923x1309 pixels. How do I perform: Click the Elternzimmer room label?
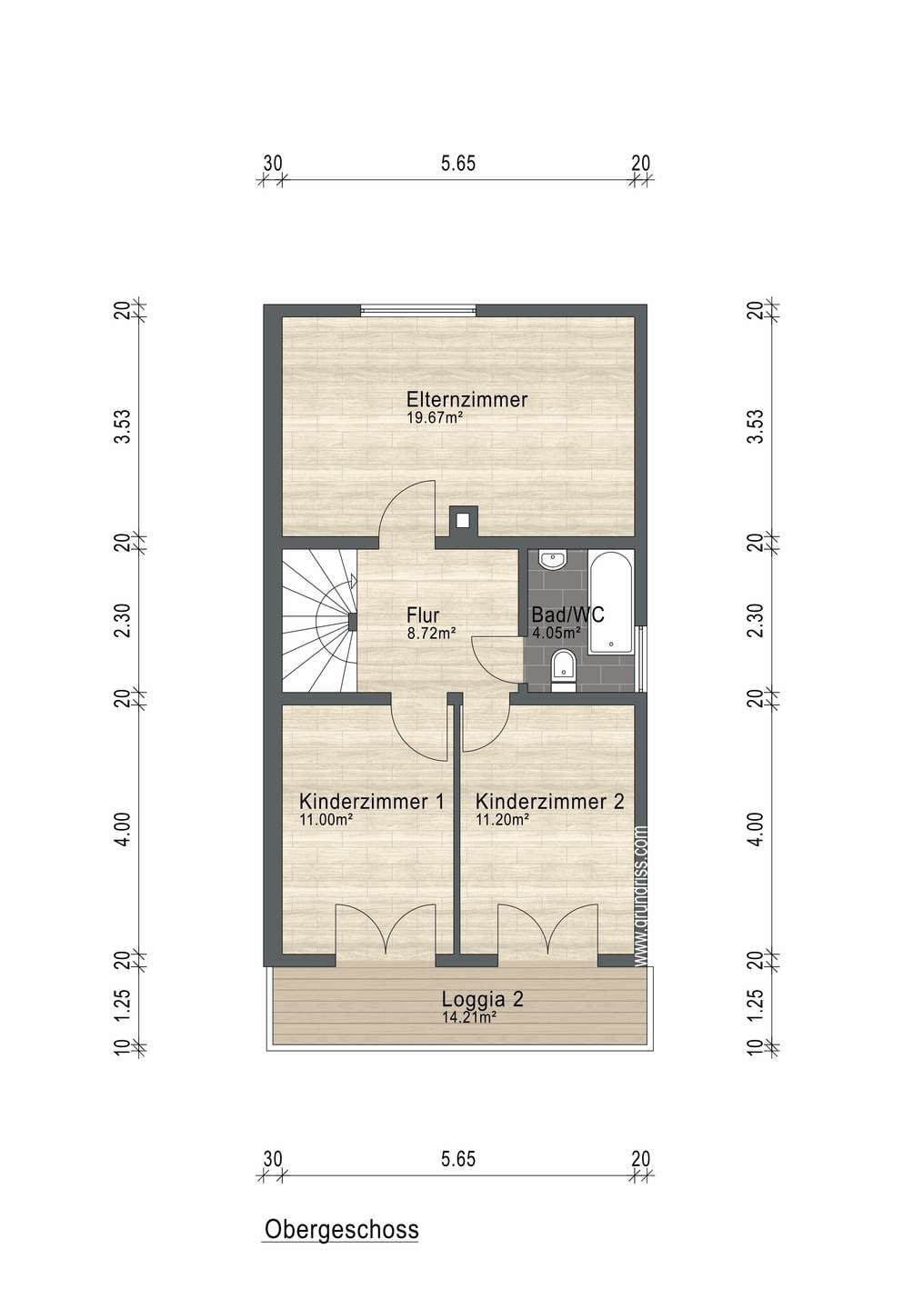(x=467, y=400)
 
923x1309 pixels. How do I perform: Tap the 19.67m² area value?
(x=435, y=417)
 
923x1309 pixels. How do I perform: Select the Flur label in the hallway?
(x=423, y=615)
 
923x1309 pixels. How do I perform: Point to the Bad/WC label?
(x=567, y=615)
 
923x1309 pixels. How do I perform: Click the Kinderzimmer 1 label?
(x=372, y=801)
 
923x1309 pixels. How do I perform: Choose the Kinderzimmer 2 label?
(x=549, y=801)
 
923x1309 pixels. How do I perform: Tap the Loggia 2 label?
(x=482, y=999)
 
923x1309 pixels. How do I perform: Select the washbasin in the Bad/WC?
(x=552, y=560)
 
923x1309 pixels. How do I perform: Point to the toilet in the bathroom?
(x=564, y=670)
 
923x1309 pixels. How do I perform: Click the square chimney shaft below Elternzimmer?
(x=463, y=521)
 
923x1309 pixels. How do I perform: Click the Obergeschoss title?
(x=341, y=1229)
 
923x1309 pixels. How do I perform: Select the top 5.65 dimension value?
(x=458, y=163)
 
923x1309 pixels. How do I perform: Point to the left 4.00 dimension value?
(x=122, y=830)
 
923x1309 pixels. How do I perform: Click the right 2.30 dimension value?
(x=755, y=620)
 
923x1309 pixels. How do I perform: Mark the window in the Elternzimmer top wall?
(x=418, y=310)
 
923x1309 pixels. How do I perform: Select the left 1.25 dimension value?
(x=122, y=1004)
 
